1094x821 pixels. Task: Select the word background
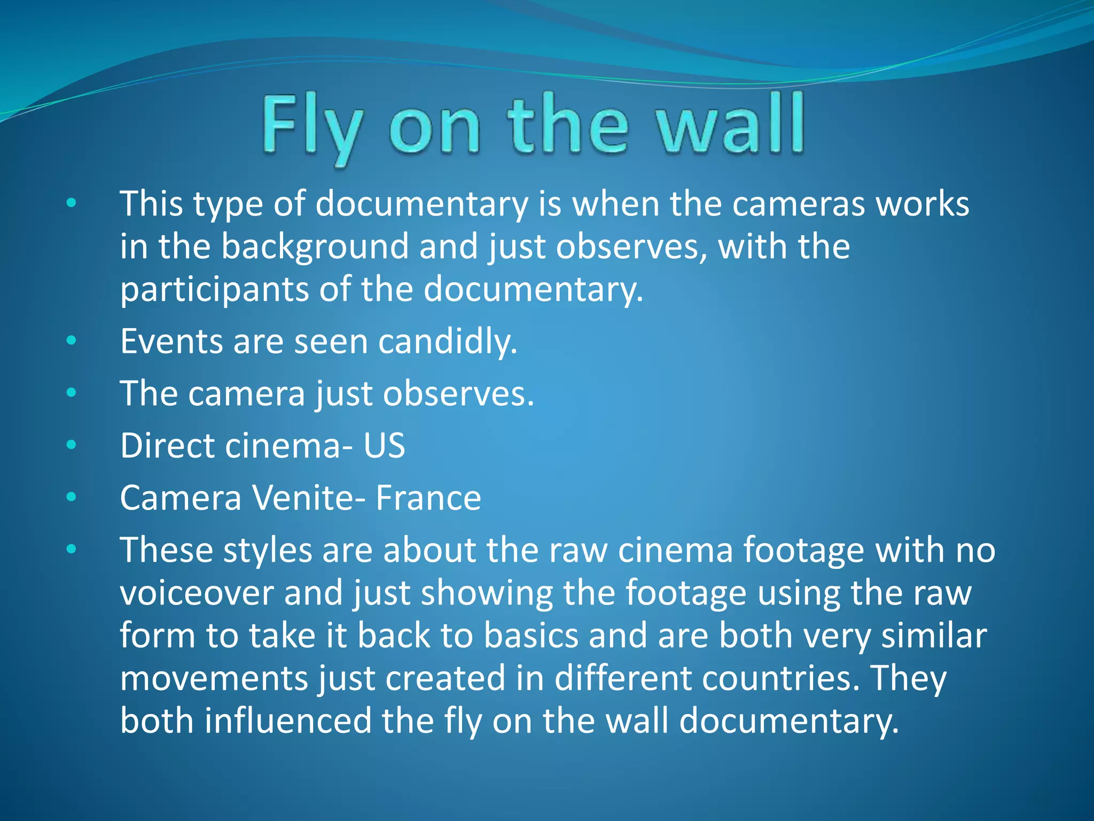tap(315, 247)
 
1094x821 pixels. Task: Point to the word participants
tap(214, 290)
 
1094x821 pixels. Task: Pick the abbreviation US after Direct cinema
tap(384, 446)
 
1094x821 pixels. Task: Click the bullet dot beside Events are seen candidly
tap(72, 340)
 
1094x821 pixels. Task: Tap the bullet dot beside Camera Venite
tap(72, 497)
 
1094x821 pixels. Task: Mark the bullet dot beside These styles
tap(72, 549)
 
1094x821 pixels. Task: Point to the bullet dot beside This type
tap(72, 203)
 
